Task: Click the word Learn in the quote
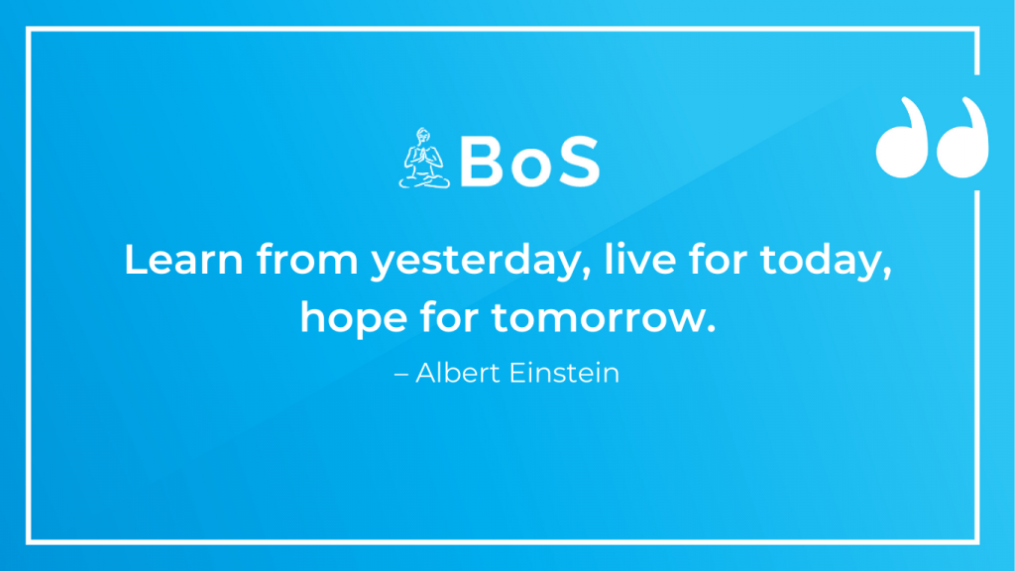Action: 183,259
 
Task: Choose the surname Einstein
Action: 564,373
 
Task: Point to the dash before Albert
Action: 401,375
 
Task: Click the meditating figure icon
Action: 424,159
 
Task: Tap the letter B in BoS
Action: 482,162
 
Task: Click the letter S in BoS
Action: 579,162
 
